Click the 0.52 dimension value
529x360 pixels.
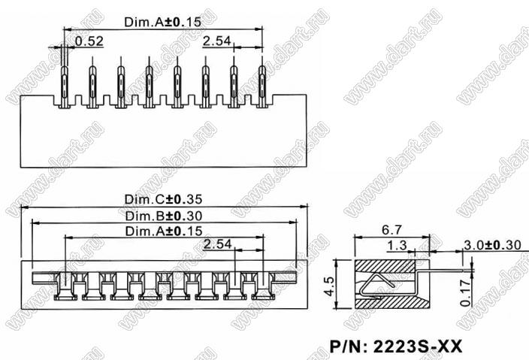(90, 41)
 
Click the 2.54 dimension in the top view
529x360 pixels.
(216, 41)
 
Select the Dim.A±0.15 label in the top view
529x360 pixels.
(163, 23)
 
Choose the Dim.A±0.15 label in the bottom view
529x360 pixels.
(164, 231)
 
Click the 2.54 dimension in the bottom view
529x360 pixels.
(217, 244)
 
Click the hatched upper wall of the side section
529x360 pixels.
(383, 265)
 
